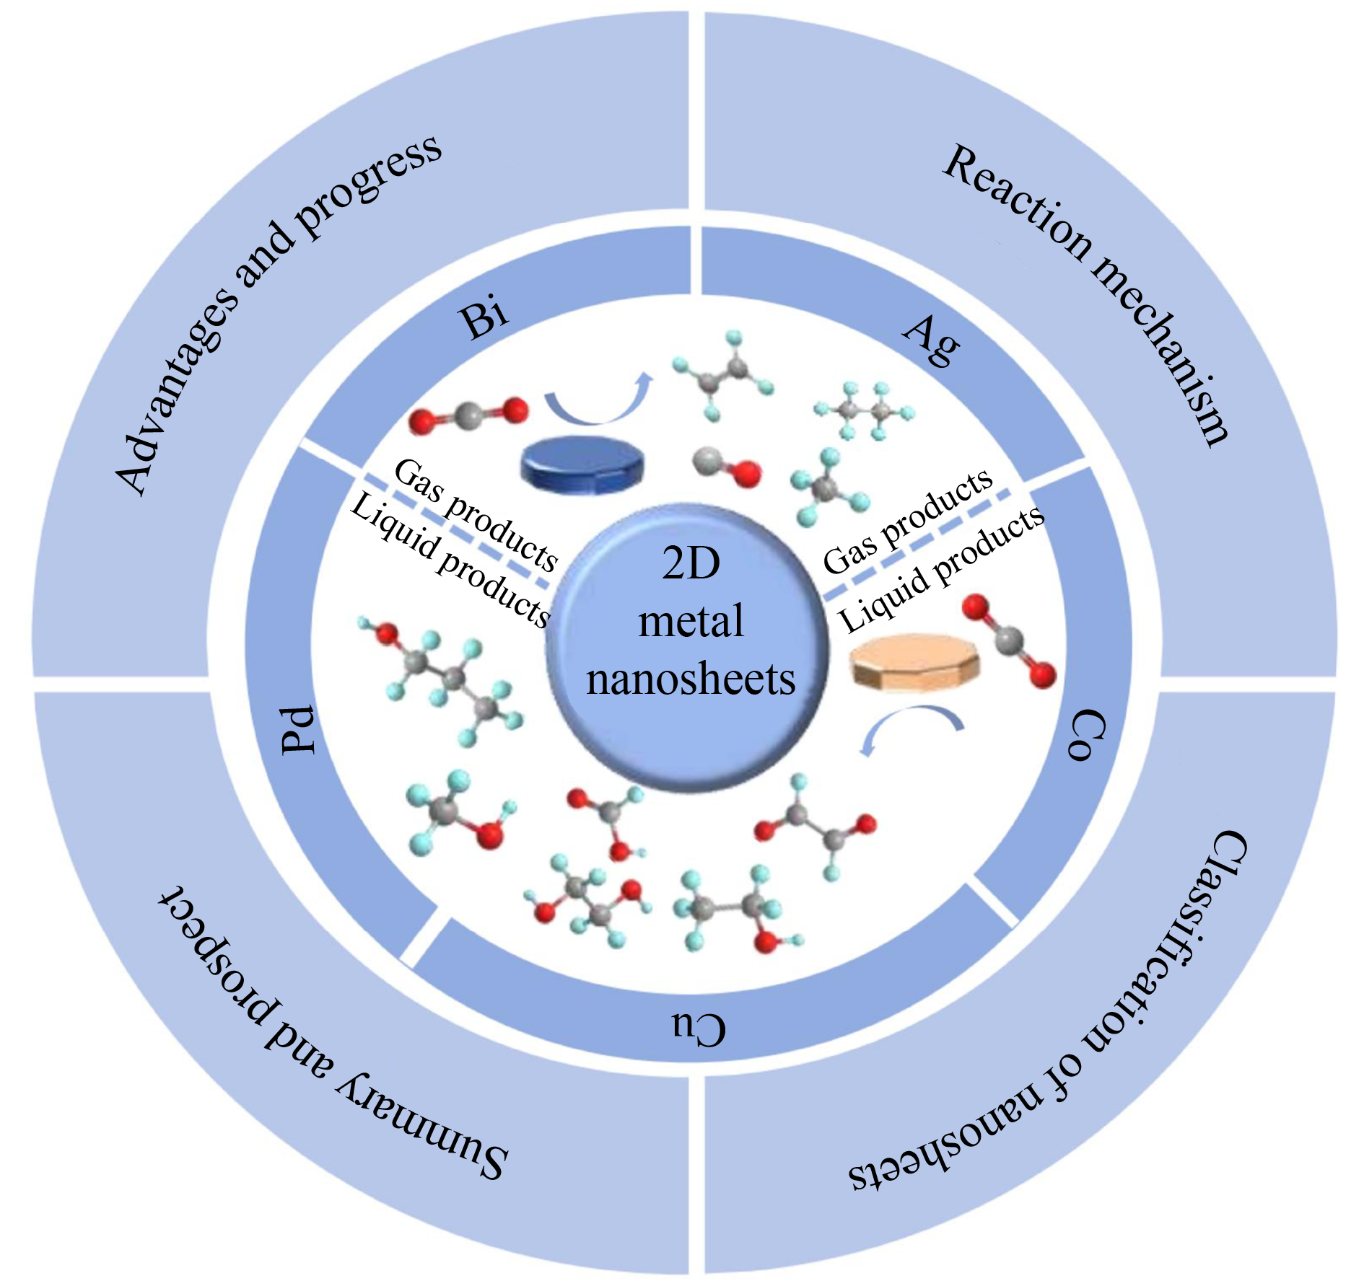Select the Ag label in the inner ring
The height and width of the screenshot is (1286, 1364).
[x=932, y=341]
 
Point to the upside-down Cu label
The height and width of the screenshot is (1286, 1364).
[x=699, y=1028]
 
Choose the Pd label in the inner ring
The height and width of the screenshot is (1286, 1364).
[x=299, y=729]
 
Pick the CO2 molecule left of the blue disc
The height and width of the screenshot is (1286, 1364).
[x=468, y=414]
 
